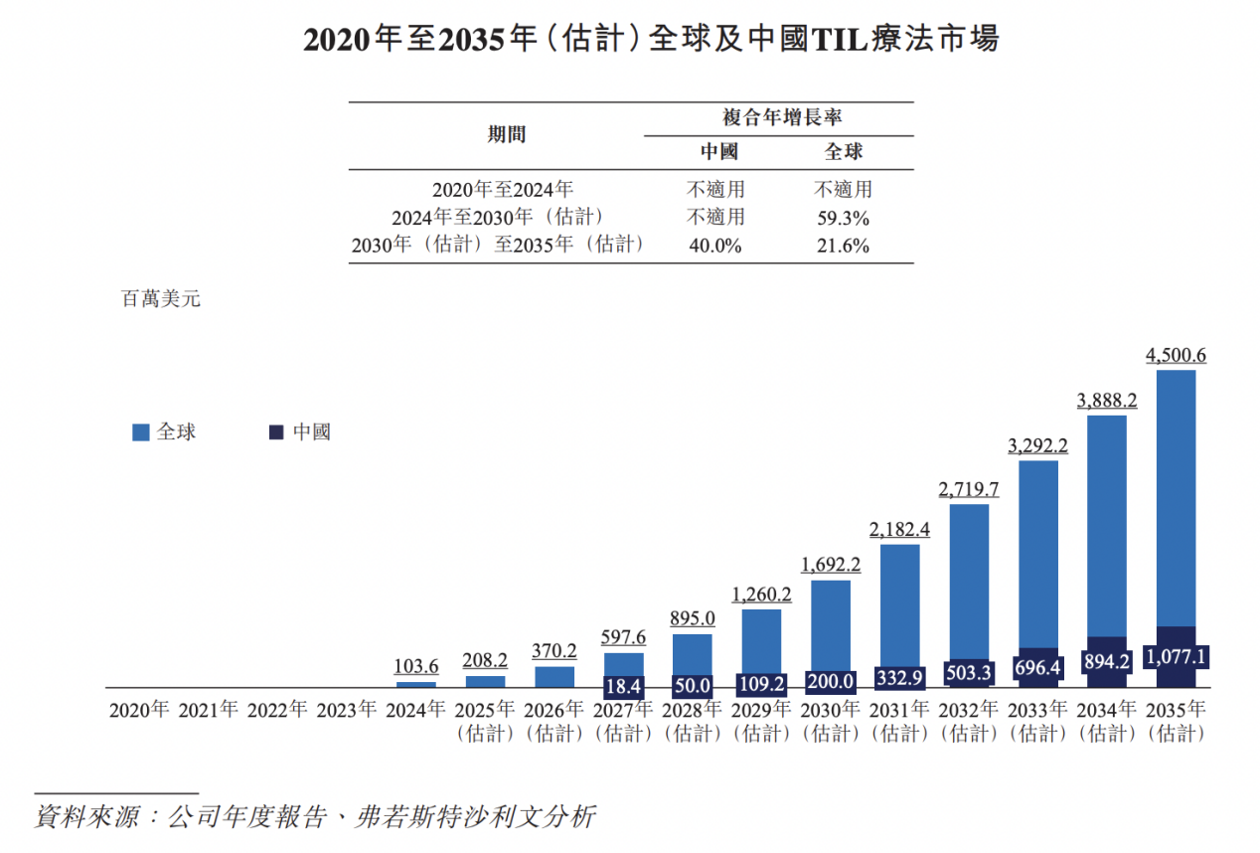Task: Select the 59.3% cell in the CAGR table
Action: [x=843, y=218]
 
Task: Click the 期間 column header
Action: [x=506, y=135]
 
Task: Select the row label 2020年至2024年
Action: [x=503, y=189]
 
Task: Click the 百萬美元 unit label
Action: [x=160, y=298]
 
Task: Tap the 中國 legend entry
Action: [x=300, y=432]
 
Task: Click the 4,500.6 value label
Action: [x=1176, y=355]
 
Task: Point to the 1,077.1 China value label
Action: [x=1176, y=657]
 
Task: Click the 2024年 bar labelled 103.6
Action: [x=416, y=684]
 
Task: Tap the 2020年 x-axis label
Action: [x=139, y=710]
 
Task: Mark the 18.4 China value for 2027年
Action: [x=623, y=686]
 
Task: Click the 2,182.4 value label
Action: [x=899, y=529]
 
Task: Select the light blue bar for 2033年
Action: [x=1038, y=552]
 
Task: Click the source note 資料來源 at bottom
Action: [x=315, y=817]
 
